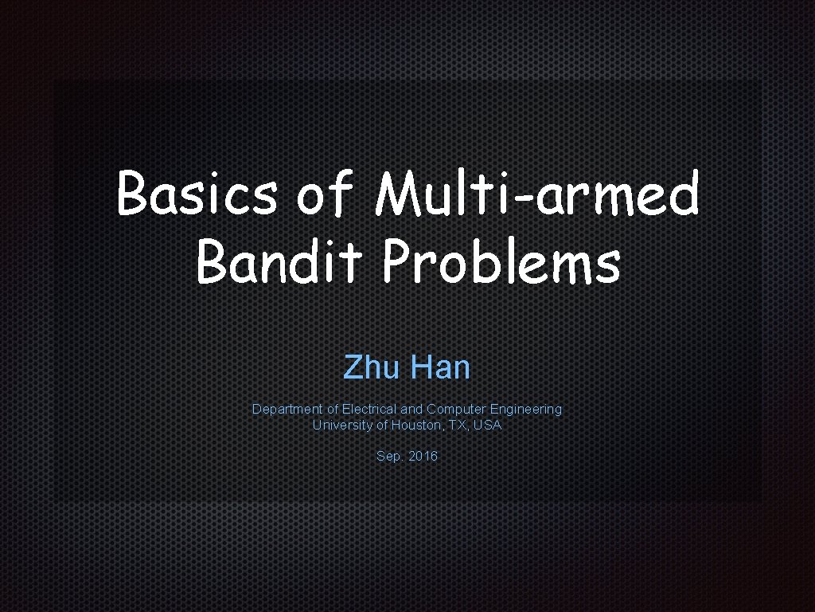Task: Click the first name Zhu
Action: pyautogui.click(x=371, y=367)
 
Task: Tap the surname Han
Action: pyautogui.click(x=440, y=367)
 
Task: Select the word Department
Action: pyautogui.click(x=287, y=409)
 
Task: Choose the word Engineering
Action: pyautogui.click(x=526, y=409)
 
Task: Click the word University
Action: pyautogui.click(x=341, y=425)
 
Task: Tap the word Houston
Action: pyautogui.click(x=417, y=425)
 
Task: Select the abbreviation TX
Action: pyautogui.click(x=458, y=425)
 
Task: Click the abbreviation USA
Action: pyautogui.click(x=487, y=425)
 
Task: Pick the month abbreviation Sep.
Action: pyautogui.click(x=389, y=457)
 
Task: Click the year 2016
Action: pyautogui.click(x=423, y=457)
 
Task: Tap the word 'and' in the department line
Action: pyautogui.click(x=411, y=409)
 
